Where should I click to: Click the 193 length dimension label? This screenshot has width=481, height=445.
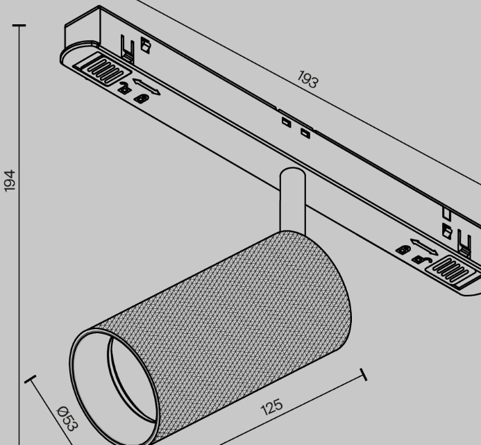pos(308,79)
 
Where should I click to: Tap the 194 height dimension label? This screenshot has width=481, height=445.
pos(10,180)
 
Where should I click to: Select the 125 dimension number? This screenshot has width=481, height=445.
pos(272,407)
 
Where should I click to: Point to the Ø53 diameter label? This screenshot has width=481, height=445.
pos(68,419)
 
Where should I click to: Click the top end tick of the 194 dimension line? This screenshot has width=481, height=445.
pos(19,26)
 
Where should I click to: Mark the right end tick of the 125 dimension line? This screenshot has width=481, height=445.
pos(364,374)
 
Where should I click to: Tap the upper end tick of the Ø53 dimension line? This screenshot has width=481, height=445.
pos(30,379)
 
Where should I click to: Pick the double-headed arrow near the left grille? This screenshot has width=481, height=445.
pos(146,87)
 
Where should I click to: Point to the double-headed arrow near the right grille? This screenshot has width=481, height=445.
pos(424,246)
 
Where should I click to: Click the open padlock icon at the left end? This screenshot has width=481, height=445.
pos(124,88)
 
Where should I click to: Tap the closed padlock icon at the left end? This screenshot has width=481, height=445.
pos(142,99)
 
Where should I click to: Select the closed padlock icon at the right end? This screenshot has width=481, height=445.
pos(403,249)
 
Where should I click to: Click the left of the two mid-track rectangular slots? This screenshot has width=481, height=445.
pos(287,122)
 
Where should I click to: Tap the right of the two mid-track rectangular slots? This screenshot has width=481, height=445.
pos(305,133)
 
